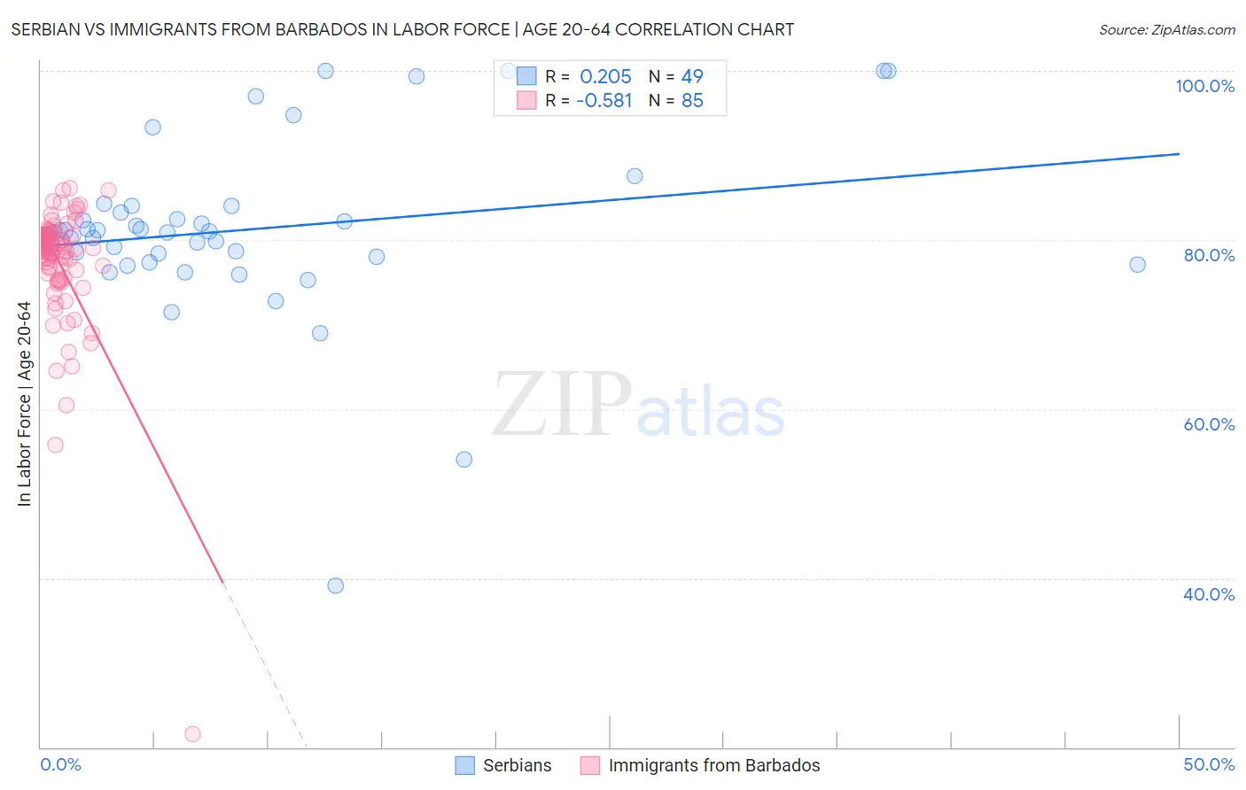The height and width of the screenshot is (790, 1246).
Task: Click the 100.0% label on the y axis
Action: (1204, 86)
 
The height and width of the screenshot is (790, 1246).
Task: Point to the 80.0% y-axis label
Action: (1209, 255)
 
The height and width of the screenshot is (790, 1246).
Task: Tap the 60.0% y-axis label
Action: (1209, 424)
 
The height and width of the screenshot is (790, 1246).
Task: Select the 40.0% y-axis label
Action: (1209, 594)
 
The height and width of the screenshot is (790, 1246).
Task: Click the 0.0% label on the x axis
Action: (60, 764)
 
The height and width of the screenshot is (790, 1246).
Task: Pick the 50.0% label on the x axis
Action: (1209, 764)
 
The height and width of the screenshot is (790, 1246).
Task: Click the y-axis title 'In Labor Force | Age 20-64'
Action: (24, 404)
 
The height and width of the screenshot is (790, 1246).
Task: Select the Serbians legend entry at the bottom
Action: (517, 765)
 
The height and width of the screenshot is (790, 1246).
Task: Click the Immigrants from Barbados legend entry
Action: (713, 765)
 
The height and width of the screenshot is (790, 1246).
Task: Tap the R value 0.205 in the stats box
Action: (605, 77)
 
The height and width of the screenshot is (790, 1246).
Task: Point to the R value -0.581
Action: (604, 101)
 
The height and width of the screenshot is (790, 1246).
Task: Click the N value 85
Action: (692, 101)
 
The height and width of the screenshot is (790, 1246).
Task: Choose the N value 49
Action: (692, 77)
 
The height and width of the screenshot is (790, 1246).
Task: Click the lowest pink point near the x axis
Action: (192, 733)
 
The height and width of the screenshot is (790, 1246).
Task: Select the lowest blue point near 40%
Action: (335, 585)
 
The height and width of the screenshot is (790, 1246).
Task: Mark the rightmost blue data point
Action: (1137, 264)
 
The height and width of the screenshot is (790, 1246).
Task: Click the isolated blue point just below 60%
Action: (463, 459)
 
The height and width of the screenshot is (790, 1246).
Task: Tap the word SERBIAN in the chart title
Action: (49, 29)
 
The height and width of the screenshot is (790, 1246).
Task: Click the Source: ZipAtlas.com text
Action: (1166, 29)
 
